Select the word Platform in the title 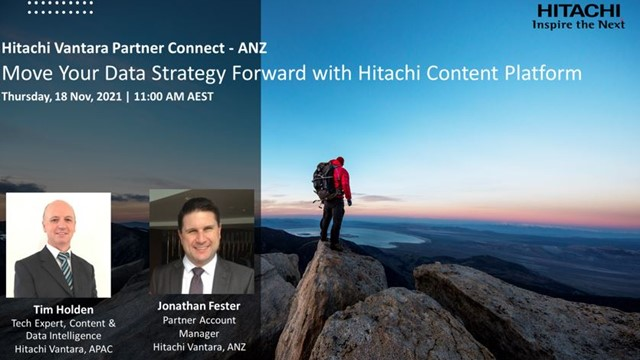(541, 73)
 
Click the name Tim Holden (58, 309)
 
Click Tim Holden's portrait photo (58, 245)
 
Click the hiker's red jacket (342, 180)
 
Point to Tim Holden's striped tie (65, 268)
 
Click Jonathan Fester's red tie (197, 279)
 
